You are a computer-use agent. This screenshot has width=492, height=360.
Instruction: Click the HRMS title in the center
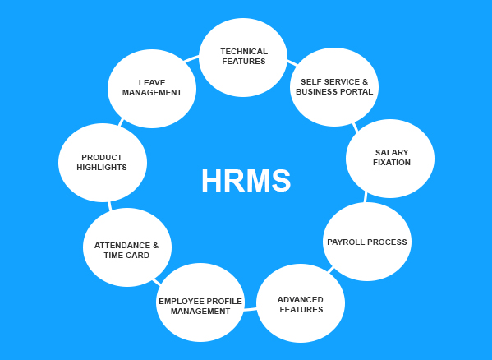[246, 181]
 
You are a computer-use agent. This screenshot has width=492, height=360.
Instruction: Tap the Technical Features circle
[243, 58]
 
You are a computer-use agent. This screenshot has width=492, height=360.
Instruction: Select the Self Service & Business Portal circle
[334, 87]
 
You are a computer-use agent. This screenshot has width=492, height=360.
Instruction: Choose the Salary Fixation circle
[390, 159]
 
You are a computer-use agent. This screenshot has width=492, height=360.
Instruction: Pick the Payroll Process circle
[367, 242]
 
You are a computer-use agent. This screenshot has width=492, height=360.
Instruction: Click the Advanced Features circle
[301, 303]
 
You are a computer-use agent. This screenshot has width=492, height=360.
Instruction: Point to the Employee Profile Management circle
[200, 302]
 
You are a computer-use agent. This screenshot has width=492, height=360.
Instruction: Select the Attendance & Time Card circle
[127, 247]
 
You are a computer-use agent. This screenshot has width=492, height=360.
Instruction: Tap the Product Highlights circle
[103, 163]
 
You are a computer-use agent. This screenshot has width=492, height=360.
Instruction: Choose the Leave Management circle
[152, 89]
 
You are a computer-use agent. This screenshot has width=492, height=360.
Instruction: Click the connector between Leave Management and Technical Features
[191, 58]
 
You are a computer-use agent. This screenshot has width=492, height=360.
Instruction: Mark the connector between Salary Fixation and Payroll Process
[366, 196]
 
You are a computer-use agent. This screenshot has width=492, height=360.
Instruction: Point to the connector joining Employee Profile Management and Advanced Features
[250, 310]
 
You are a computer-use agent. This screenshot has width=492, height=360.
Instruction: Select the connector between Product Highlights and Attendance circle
[109, 206]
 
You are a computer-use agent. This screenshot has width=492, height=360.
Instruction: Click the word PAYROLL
[346, 242]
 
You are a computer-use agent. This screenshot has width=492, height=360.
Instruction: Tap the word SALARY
[392, 153]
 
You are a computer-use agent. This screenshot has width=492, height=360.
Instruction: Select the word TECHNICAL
[244, 52]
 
